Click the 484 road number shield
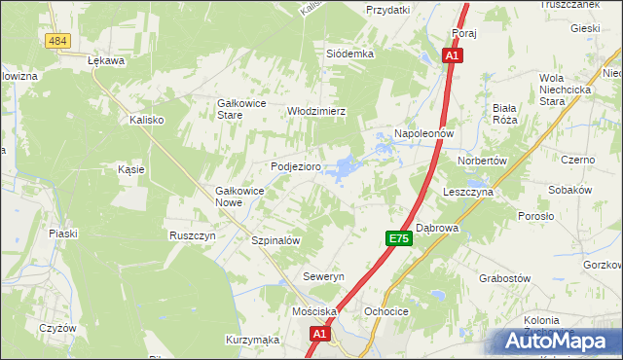(x=58, y=39)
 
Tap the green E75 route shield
(x=397, y=238)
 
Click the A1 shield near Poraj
(x=453, y=57)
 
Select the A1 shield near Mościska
(x=320, y=334)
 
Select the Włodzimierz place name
(x=316, y=111)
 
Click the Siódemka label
(x=350, y=54)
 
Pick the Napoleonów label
(x=424, y=132)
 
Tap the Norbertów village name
(x=476, y=161)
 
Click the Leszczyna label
(x=469, y=193)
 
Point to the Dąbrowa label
(x=437, y=228)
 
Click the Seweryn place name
(x=324, y=277)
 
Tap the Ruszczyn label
(x=192, y=235)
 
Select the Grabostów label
(x=503, y=277)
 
